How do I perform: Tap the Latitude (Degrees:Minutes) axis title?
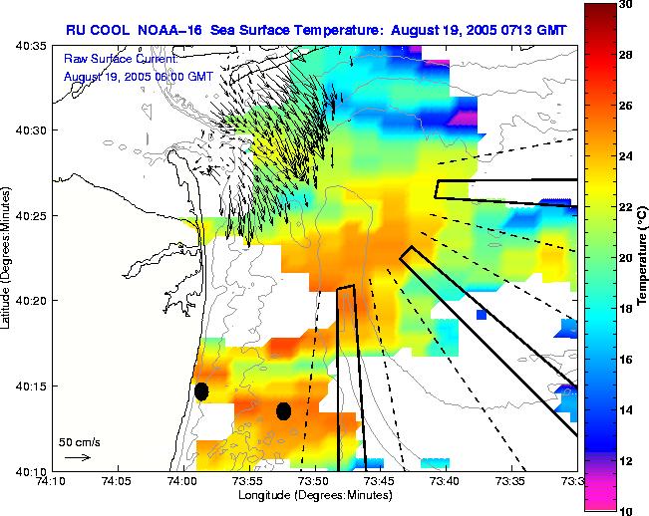point(8,258)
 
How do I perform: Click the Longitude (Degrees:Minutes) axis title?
point(314,495)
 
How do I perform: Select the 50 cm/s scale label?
point(79,441)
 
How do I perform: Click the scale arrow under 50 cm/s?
point(77,457)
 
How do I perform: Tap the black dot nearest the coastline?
point(201,391)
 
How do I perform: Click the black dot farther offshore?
point(283,410)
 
